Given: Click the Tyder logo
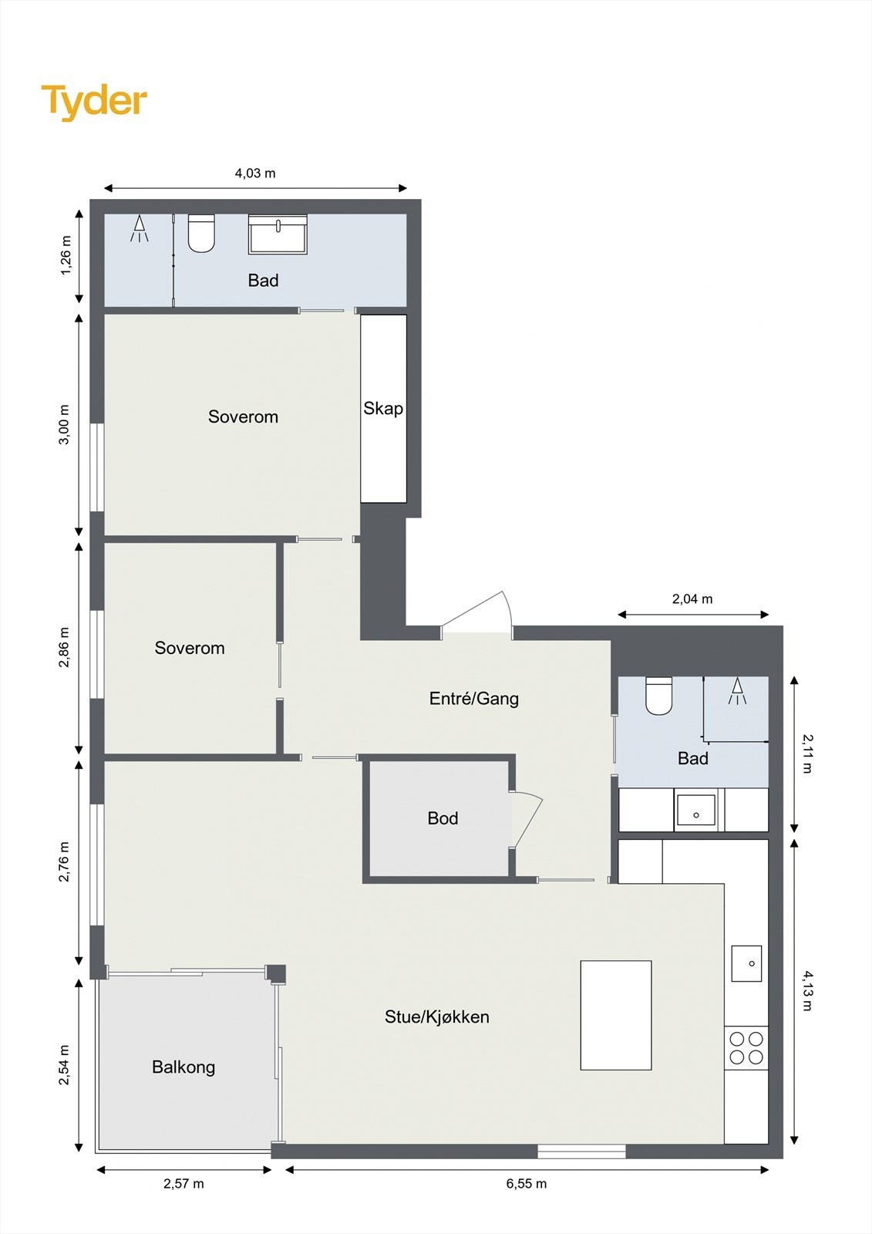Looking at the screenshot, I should pos(94,101).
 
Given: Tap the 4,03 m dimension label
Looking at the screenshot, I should pos(255,174).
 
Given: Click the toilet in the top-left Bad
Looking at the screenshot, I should pos(201,234).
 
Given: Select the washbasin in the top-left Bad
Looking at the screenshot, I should pos(278,234).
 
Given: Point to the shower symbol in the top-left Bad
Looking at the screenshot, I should pos(140,229).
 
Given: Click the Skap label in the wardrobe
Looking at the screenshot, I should pos(383,408).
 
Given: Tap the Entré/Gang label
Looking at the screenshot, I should pos(473,699).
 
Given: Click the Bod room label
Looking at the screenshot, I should pos(443,818).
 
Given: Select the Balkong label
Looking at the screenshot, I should pos(183,1067).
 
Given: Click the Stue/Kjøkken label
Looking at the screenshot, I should pos(437,1017).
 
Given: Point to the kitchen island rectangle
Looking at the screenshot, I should pos(616,1015).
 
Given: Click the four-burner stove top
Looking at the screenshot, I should pos(746,1048).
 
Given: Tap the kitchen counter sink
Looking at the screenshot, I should pos(746,963).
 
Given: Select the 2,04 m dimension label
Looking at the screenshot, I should pos(692,599).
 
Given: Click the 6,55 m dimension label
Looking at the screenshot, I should pos(527,1184).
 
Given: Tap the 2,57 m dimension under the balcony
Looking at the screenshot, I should pos(183,1184).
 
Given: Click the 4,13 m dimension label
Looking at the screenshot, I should pos(807,990).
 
